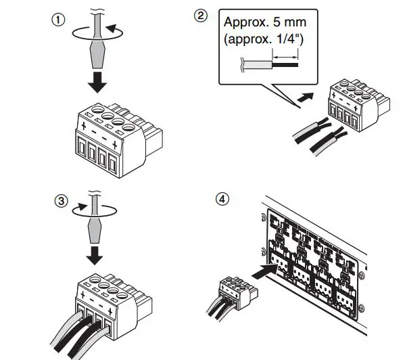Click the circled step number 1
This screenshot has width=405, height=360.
point(58,20)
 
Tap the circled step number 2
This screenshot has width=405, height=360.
point(201,16)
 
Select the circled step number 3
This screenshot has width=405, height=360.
point(62,201)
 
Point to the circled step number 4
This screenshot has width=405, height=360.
point(222,199)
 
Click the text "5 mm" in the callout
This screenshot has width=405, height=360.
point(289,22)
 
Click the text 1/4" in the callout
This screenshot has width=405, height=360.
point(289,39)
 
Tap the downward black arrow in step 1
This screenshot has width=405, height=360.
point(97,82)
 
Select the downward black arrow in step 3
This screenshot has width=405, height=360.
point(95,256)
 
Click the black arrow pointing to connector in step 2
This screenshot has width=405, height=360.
point(306,97)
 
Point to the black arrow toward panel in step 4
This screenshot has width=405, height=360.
point(264,271)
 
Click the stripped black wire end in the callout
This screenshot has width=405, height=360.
point(285,64)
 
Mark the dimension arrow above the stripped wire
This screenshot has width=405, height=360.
point(285,57)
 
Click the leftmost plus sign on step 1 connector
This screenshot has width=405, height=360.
point(83,126)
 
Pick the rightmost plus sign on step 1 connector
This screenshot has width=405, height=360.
point(115,145)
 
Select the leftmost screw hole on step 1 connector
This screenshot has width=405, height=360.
point(98,110)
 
